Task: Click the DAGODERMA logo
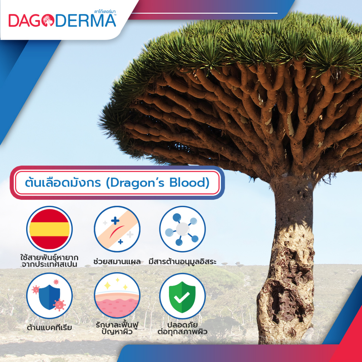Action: click(62, 21)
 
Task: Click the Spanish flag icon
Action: click(49, 229)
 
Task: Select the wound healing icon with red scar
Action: click(117, 229)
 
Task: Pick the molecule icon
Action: click(182, 229)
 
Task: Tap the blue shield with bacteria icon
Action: click(49, 296)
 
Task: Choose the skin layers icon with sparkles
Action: click(117, 296)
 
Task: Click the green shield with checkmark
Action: click(182, 296)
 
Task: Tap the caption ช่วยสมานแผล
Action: click(117, 262)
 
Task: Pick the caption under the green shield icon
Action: click(182, 328)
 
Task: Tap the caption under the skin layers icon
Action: click(117, 328)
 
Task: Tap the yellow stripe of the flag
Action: click(49, 229)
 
